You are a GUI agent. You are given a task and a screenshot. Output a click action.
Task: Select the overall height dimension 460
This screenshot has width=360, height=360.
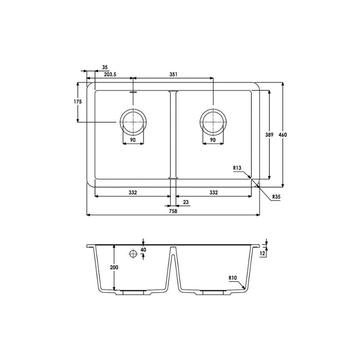282,134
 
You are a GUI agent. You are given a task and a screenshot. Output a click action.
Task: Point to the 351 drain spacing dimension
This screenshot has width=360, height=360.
173,75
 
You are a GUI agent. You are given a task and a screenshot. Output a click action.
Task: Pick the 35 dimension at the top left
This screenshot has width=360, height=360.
105,67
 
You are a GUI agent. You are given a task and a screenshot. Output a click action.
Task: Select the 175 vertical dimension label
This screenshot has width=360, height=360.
78,102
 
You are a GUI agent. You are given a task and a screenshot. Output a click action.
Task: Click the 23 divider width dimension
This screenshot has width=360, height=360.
185,203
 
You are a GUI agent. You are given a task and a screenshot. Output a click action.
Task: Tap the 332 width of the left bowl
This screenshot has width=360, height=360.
132,192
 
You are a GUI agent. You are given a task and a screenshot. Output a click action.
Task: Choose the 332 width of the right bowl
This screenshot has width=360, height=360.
213,192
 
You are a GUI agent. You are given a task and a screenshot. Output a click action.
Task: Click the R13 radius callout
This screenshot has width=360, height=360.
237,168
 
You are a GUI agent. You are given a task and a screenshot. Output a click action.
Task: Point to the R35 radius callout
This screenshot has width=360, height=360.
277,197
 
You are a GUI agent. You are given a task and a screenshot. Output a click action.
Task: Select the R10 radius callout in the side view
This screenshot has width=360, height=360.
233,278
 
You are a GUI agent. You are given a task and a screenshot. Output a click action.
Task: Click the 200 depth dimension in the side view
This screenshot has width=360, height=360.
114,267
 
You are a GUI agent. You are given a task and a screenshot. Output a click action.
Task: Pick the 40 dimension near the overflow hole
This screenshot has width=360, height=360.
143,250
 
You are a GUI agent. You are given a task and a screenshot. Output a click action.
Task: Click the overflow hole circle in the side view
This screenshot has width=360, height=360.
134,254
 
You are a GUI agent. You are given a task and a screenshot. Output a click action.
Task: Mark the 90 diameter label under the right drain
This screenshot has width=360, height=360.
212,140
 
